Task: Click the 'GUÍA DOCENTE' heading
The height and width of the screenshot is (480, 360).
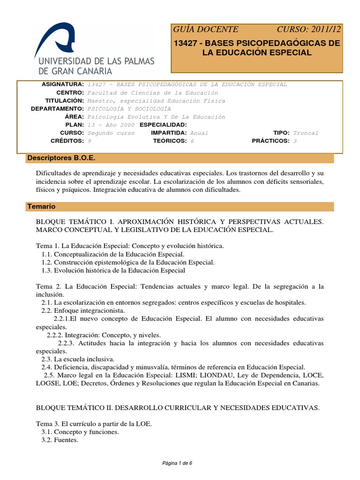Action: (x=206, y=29)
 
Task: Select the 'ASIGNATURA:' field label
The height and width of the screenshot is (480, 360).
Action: (x=63, y=84)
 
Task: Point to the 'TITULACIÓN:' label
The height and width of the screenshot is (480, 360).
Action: (x=65, y=101)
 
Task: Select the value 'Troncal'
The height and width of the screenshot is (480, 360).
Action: (x=306, y=133)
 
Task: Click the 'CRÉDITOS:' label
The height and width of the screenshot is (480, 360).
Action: (x=67, y=141)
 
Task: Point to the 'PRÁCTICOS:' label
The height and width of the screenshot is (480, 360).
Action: (x=270, y=141)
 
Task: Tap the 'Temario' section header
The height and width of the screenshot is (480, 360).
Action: (x=41, y=206)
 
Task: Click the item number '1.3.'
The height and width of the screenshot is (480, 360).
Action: (x=46, y=270)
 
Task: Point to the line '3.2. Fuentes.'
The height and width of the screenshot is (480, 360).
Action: (x=60, y=440)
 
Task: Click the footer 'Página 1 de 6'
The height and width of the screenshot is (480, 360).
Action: (x=177, y=463)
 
